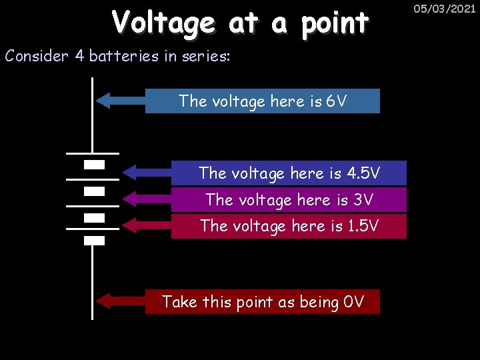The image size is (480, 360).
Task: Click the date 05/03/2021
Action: click(444, 9)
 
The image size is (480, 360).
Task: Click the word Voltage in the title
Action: click(163, 23)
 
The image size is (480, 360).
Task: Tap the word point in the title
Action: click(335, 25)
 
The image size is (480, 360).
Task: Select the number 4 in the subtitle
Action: click(79, 56)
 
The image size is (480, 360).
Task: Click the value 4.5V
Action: click(364, 173)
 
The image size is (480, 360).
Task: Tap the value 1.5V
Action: click(363, 226)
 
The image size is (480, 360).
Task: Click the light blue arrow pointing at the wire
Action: click(121, 101)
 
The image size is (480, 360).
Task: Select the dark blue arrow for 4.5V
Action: click(147, 173)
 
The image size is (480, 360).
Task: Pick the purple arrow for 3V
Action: click(147, 199)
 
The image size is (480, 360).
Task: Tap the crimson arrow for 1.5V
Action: click(147, 225)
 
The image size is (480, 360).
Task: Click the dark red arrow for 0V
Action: click(121, 301)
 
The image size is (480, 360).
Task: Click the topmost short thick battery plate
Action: click(95, 164)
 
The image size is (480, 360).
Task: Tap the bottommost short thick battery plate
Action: click(95, 241)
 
